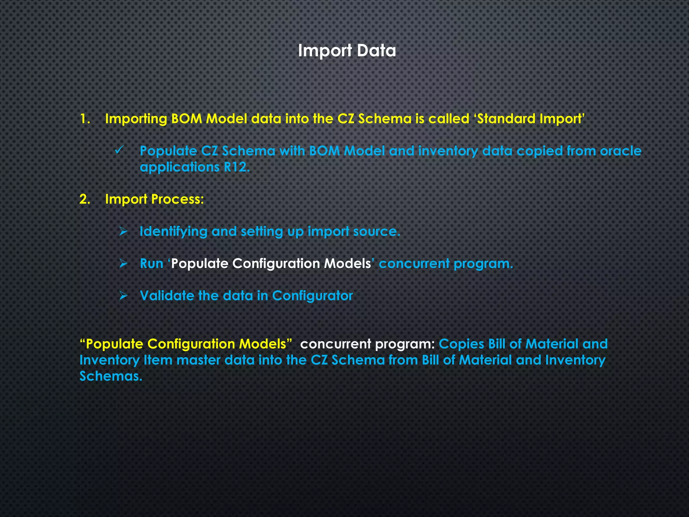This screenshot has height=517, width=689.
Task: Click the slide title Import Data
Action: (347, 51)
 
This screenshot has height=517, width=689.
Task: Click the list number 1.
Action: (85, 119)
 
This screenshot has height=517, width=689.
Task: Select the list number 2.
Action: (85, 199)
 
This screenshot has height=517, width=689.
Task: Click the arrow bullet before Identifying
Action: (123, 232)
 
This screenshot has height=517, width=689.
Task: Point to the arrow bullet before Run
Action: (123, 264)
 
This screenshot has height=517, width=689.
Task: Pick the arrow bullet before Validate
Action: (123, 296)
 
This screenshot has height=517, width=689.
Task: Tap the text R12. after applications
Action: (237, 167)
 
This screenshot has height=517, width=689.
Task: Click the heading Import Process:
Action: (154, 199)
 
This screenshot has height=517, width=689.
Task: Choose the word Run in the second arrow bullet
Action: (151, 264)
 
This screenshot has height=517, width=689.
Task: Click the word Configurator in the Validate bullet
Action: (312, 296)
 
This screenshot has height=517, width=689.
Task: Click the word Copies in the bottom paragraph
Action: (461, 344)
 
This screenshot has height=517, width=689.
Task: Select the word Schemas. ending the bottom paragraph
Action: (111, 376)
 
